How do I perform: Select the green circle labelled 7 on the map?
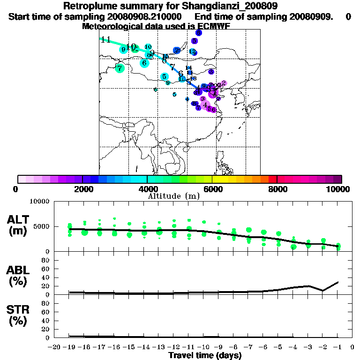pos(120,68)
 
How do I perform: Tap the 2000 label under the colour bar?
pos(82,189)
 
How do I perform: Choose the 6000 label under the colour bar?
pos(212,189)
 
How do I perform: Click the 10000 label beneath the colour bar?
pos(339,189)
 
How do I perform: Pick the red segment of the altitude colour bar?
pos(272,179)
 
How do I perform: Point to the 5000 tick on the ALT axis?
pos(42,226)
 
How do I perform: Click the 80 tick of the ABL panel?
pos(46,260)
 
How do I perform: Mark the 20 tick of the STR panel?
pos(46,329)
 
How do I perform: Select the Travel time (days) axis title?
pos(205,355)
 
